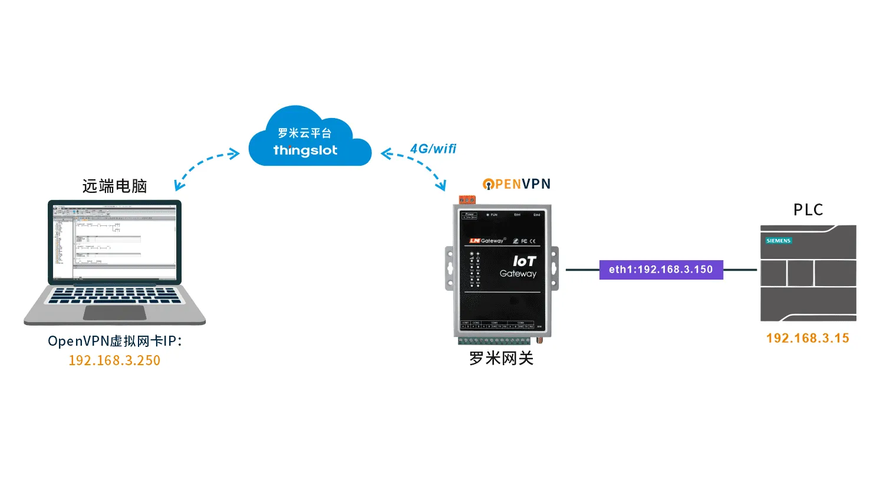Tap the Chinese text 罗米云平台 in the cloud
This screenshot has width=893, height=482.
pyautogui.click(x=305, y=133)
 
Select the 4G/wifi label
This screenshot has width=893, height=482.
pyautogui.click(x=433, y=149)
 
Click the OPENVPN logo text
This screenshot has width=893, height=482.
pyautogui.click(x=517, y=184)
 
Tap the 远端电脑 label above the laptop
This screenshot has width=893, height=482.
pyautogui.click(x=114, y=186)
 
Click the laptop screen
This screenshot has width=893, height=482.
pyautogui.click(x=114, y=242)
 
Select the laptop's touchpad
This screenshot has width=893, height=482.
pyautogui.click(x=114, y=313)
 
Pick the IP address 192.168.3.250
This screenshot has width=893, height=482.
pyautogui.click(x=114, y=360)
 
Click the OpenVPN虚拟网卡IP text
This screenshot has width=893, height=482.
pyautogui.click(x=114, y=341)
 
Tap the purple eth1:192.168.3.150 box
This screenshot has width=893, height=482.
pyautogui.click(x=661, y=270)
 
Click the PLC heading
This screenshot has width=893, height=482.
pyautogui.click(x=808, y=210)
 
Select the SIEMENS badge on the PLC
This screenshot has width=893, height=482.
pyautogui.click(x=778, y=241)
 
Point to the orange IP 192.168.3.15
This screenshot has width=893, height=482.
pyautogui.click(x=808, y=338)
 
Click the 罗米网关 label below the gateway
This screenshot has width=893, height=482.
pyautogui.click(x=501, y=358)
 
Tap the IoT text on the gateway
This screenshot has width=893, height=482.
pyautogui.click(x=524, y=261)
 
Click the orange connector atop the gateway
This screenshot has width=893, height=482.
pyautogui.click(x=467, y=200)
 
